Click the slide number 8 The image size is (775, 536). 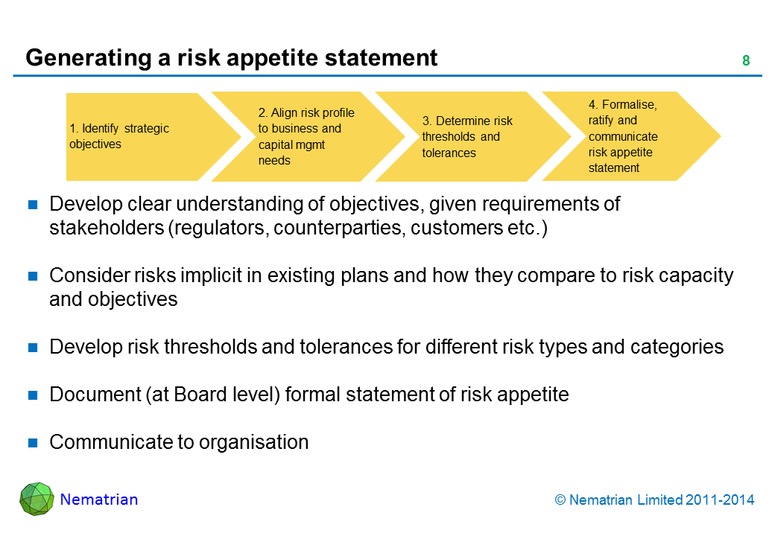coord(746,60)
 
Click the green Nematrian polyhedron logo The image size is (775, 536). coord(37,499)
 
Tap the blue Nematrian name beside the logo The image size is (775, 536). coord(99,500)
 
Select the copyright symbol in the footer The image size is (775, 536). coord(560,500)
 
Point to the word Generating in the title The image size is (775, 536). coord(89,58)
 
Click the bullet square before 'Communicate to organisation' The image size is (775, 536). coord(33,443)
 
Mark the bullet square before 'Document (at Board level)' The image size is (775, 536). coord(33,395)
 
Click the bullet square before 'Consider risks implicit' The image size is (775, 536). coord(33,276)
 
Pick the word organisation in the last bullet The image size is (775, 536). coord(254,442)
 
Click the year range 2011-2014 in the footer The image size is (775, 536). coord(720,500)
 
